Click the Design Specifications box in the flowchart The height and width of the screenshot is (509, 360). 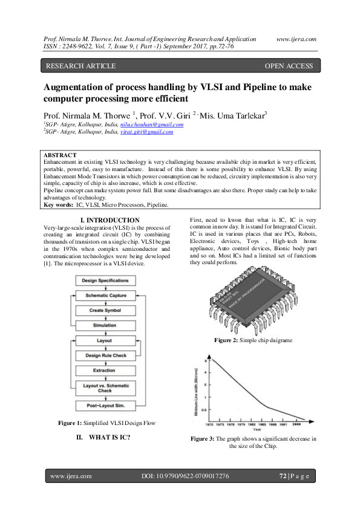(105, 281)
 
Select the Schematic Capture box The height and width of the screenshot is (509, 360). (105, 296)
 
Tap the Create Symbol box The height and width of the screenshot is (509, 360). (105, 310)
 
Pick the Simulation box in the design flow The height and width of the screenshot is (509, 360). (105, 325)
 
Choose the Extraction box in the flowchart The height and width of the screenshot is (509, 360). (105, 370)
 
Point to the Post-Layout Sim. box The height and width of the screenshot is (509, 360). (105, 405)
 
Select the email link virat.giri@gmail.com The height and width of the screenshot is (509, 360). (146, 131)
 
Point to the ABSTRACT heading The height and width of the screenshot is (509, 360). (61, 155)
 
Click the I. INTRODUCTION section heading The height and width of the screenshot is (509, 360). (110, 220)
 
